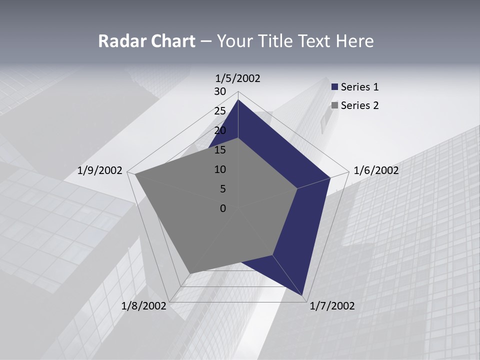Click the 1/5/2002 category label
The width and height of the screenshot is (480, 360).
click(x=237, y=78)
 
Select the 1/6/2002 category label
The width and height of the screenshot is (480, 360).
click(x=376, y=170)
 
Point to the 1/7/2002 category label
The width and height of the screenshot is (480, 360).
click(x=332, y=306)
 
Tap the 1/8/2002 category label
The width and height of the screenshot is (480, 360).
click(x=144, y=306)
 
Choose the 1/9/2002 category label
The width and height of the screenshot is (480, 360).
click(x=100, y=170)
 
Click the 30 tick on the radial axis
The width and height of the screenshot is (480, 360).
click(x=220, y=91)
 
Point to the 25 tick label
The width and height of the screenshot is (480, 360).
click(x=220, y=111)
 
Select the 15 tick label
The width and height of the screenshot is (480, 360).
click(x=220, y=150)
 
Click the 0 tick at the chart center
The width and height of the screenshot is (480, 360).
click(x=223, y=208)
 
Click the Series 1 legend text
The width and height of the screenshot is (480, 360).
click(x=359, y=87)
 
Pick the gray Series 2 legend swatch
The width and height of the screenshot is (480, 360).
click(x=335, y=105)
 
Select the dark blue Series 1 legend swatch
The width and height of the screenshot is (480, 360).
click(x=335, y=87)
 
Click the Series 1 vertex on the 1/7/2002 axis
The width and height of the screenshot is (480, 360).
click(x=303, y=296)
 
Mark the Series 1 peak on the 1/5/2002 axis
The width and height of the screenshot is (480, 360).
click(x=238, y=100)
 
